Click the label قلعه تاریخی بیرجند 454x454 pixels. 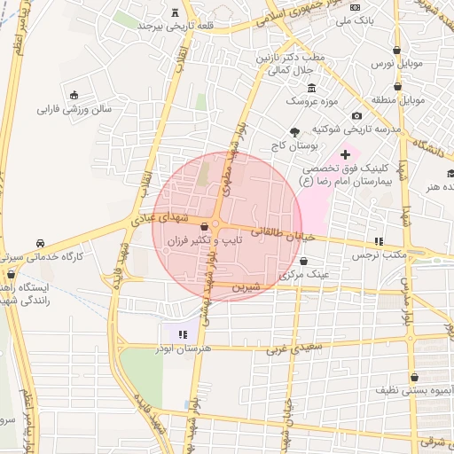coord(173,25)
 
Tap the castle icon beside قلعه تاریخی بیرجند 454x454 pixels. coord(173,12)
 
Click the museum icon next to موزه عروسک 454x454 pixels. coord(311,88)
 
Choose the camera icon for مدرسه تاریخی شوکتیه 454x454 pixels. coord(356,116)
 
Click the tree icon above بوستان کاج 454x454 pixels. coord(295,130)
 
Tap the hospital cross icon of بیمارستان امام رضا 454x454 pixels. coord(345,155)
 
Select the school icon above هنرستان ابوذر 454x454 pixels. coord(183,334)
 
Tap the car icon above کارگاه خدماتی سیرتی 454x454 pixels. coord(41,243)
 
